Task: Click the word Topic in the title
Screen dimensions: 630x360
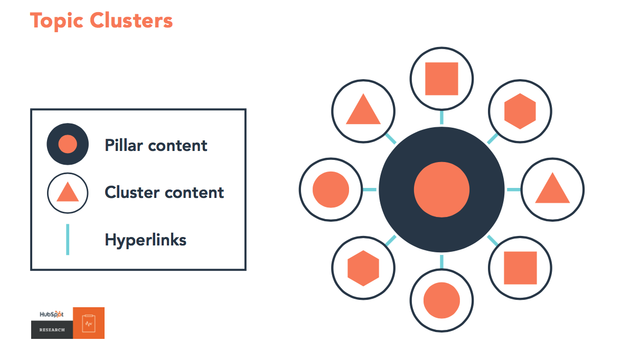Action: [x=57, y=21]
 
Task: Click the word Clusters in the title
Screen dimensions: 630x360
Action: [x=131, y=20]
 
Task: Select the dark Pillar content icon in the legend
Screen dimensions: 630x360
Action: [x=68, y=144]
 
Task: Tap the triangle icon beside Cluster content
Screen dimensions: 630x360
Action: [x=68, y=192]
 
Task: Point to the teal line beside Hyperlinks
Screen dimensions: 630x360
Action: [x=68, y=240]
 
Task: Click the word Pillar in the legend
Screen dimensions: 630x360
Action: [x=124, y=145]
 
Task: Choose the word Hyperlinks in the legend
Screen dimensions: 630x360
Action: [x=145, y=240]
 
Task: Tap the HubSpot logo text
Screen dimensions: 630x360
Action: [x=51, y=314]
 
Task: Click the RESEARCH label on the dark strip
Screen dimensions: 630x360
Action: [x=52, y=330]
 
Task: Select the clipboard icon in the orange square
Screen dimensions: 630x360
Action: [x=89, y=323]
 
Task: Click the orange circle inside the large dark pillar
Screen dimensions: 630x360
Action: [x=441, y=190]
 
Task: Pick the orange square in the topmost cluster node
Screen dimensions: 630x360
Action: [x=441, y=79]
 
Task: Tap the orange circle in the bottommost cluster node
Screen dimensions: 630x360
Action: [x=441, y=300]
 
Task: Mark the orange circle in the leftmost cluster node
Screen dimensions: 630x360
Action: [x=331, y=190]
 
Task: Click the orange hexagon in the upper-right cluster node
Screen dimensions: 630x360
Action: [x=520, y=111]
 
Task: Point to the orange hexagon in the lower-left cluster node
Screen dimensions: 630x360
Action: [x=363, y=268]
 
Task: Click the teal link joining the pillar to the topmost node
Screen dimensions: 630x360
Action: [x=441, y=117]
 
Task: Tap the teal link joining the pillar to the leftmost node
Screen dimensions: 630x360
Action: [x=370, y=190]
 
